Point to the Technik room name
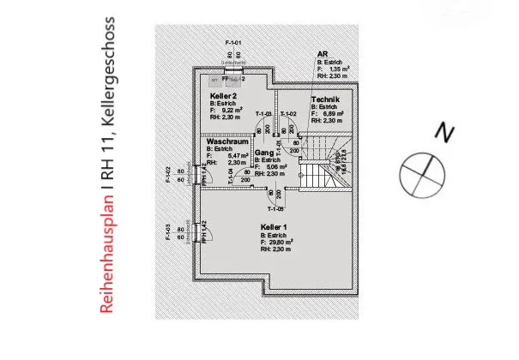click(327, 99)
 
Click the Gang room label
click(263, 152)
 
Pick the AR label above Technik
click(322, 54)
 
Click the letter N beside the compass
click(443, 133)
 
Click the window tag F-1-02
click(168, 176)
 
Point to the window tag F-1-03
click(168, 233)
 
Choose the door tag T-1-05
click(275, 209)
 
